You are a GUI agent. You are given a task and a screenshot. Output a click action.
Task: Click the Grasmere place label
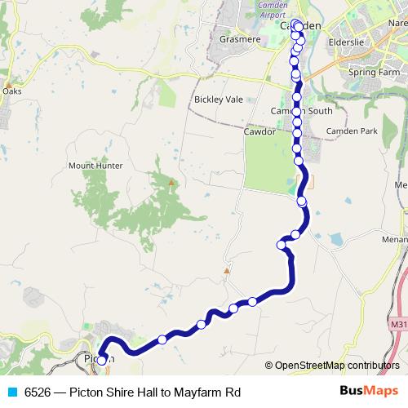pyautogui.click(x=238, y=38)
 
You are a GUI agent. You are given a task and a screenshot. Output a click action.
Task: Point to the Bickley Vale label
pyautogui.click(x=219, y=100)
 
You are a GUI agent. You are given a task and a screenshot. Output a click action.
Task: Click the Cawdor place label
pyautogui.click(x=259, y=130)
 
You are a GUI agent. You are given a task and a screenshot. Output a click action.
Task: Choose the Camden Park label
pyautogui.click(x=352, y=131)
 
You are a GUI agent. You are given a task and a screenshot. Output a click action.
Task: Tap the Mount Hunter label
pyautogui.click(x=95, y=166)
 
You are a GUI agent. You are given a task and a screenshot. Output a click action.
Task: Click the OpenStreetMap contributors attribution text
pyautogui.click(x=332, y=366)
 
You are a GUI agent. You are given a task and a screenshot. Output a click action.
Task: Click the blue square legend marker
pyautogui.click(x=12, y=392)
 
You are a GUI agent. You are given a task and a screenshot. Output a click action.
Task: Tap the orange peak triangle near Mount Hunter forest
pyautogui.click(x=171, y=182)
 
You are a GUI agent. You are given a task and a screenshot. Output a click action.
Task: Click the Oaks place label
pyautogui.click(x=11, y=91)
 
